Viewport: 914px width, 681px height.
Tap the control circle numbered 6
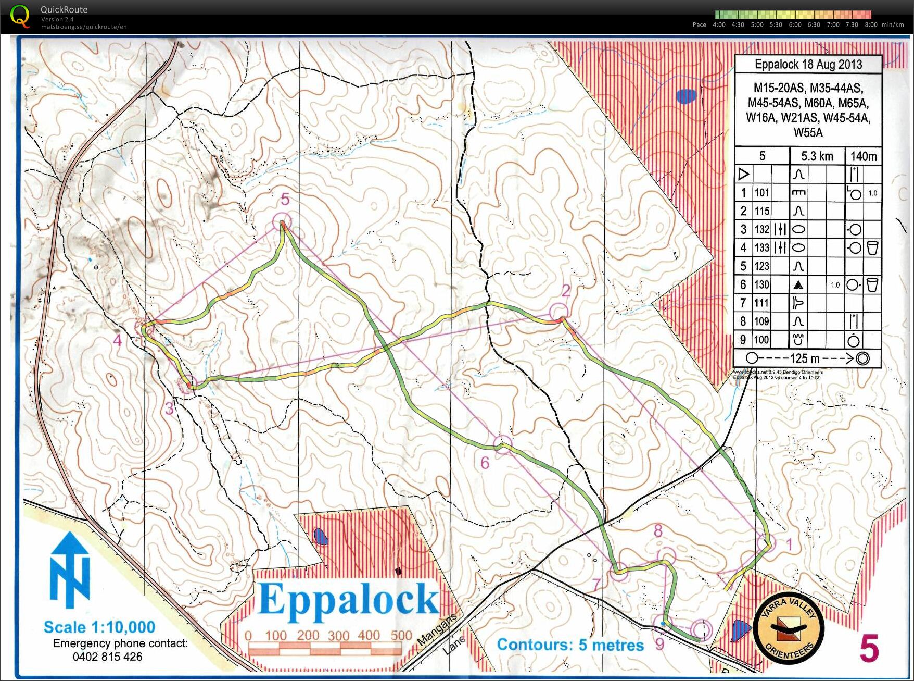coord(503,444)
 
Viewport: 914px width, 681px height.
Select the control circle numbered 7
coord(619,572)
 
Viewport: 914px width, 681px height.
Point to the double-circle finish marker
coord(701,629)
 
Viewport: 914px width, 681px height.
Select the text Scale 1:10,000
coord(99,627)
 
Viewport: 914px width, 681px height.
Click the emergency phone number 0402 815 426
coord(107,657)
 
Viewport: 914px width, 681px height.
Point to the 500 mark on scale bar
coord(401,636)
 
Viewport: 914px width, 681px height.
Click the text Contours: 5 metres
coord(570,645)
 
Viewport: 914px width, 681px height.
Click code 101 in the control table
coord(762,193)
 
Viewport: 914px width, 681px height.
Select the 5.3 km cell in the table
coord(817,156)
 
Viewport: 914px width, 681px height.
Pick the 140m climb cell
coord(863,156)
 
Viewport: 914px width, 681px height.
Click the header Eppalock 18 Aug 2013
coord(808,65)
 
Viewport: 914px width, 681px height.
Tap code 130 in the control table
coord(762,284)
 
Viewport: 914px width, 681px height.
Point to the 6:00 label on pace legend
coord(795,24)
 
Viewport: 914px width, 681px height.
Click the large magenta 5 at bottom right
coord(869,649)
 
